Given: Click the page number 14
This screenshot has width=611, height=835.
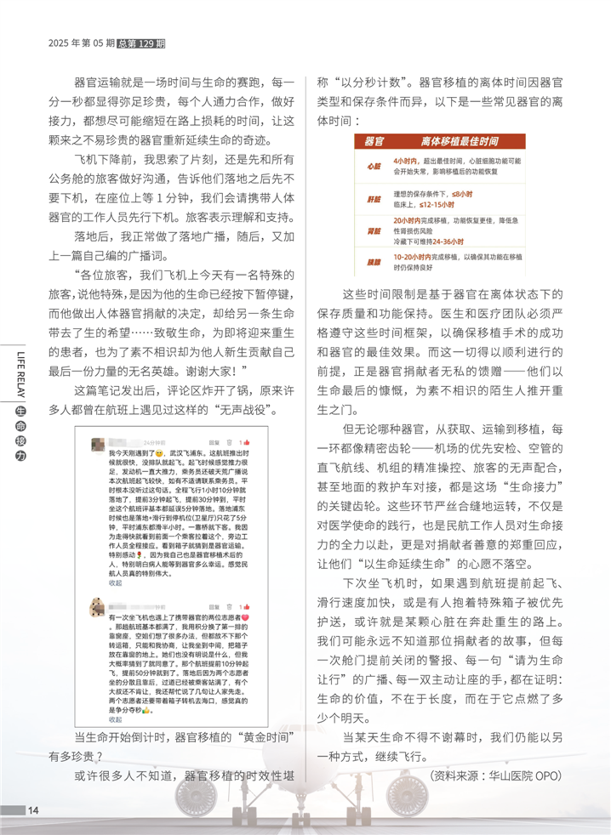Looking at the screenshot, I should tap(33, 809).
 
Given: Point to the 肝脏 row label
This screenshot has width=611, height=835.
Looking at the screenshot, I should tap(374, 199).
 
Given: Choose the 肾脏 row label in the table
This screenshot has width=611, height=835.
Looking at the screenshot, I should tap(374, 230).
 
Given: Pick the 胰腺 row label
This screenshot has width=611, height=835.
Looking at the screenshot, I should tap(374, 260).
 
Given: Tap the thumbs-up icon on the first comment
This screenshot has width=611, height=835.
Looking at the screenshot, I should tap(241, 442).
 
